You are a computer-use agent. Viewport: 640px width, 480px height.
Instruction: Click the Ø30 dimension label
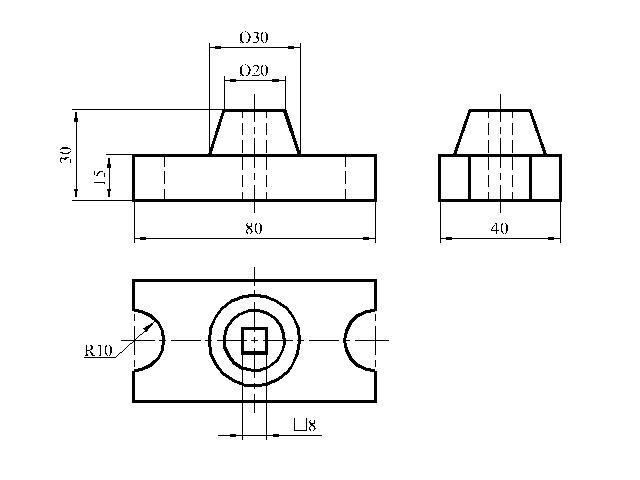pos(253,38)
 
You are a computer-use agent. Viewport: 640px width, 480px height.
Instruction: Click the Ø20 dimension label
pos(253,71)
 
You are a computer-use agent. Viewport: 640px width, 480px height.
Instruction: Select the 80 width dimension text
pos(253,229)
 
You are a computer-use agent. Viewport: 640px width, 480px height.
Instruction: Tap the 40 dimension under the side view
pos(500,229)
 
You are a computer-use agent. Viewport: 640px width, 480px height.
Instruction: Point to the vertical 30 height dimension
pos(66,155)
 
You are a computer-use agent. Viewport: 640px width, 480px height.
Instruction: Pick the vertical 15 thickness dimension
pos(100,177)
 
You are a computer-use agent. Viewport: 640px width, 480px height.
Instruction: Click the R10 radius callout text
pos(98,351)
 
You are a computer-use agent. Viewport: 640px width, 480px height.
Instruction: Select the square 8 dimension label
pos(304,425)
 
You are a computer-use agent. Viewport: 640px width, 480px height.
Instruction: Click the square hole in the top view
pos(254,340)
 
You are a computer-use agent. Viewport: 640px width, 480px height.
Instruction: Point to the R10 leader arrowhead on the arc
pos(149,326)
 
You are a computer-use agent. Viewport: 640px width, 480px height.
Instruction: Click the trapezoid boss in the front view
pos(255,133)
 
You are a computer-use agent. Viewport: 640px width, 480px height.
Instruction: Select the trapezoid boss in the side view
pos(500,133)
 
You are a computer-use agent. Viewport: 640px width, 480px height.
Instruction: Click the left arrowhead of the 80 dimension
pos(140,238)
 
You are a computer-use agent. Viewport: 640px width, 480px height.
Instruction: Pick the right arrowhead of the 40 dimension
pos(555,238)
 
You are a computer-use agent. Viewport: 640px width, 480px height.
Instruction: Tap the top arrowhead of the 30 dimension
pos(76,116)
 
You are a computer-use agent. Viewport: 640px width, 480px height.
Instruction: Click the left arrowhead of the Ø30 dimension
pos(216,47)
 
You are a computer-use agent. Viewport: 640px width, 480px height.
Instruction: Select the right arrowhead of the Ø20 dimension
pos(280,81)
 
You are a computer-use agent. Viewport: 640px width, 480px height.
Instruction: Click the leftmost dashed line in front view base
pos(164,178)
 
